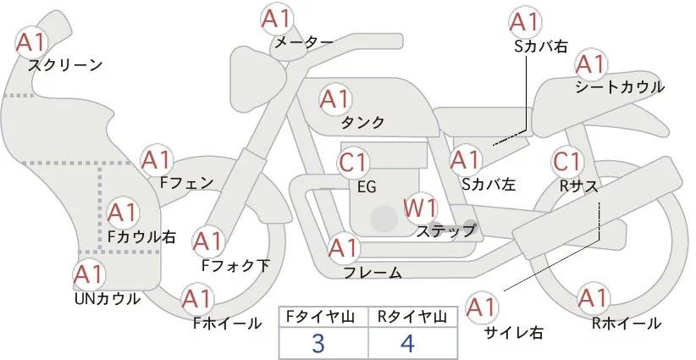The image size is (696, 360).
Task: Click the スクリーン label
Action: pos(65,64)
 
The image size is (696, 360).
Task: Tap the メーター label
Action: pos(302,42)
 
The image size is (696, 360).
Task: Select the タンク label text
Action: pos(362,123)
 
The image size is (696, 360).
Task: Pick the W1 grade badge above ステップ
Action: pos(420,208)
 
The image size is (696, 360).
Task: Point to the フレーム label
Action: pos(372,272)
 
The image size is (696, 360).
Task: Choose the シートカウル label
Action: pos(619,87)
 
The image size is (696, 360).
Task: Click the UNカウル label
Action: pos(108,298)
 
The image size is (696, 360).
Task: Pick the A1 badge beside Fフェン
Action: pos(157,158)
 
